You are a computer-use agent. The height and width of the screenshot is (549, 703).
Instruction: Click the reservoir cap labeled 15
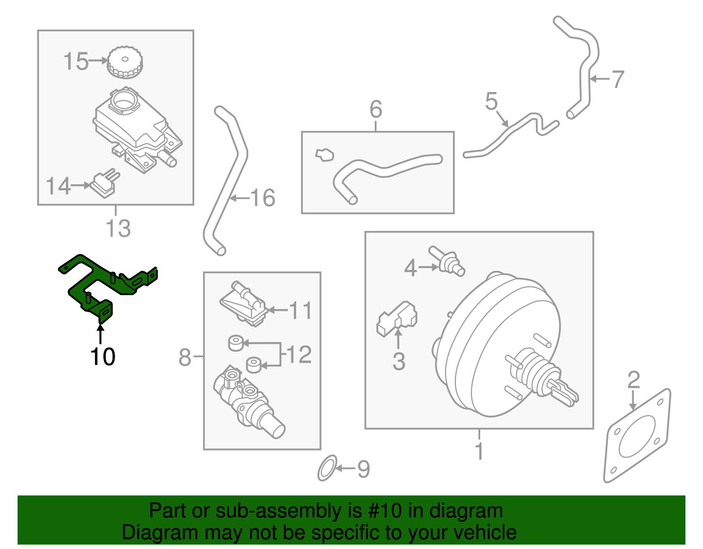125,62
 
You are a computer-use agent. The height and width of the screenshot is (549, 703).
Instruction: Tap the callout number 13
118,229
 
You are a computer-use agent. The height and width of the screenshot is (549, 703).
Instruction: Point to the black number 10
103,356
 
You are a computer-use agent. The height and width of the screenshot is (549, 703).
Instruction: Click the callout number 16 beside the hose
263,198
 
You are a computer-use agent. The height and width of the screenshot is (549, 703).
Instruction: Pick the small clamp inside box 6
325,155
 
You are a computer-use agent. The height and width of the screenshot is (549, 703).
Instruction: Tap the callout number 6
376,109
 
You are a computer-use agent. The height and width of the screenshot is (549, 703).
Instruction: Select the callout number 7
618,80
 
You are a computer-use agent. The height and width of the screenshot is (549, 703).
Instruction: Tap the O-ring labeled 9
327,469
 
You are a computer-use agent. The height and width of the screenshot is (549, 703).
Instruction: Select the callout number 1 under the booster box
479,451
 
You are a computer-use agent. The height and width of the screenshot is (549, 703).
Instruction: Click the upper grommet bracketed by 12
236,343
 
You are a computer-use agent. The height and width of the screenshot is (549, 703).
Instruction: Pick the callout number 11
301,310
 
